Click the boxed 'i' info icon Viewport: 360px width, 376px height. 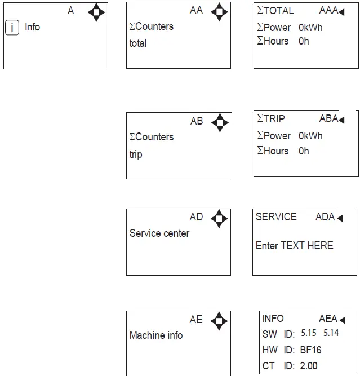click(x=12, y=27)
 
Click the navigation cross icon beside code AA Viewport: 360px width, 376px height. click(x=219, y=11)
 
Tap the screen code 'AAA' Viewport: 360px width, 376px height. click(x=328, y=11)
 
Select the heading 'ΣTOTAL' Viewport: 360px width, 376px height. click(x=275, y=11)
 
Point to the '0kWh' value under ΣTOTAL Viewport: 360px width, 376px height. click(x=310, y=27)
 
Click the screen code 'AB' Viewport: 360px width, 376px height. click(x=197, y=121)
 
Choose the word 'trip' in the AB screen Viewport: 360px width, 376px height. click(x=136, y=154)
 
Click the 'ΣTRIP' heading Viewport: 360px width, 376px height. click(x=271, y=119)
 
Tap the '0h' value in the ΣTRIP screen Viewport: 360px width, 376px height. click(x=304, y=151)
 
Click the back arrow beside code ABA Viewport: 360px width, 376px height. click(x=341, y=120)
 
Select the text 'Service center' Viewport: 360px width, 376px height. click(x=159, y=233)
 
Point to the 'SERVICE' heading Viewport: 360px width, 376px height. click(x=276, y=217)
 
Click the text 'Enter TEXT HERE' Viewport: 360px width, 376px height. click(x=295, y=246)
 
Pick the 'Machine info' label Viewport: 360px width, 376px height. click(x=156, y=335)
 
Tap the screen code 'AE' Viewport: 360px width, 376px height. click(x=196, y=320)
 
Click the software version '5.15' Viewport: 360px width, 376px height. click(x=309, y=333)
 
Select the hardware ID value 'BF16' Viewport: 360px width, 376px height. click(x=311, y=350)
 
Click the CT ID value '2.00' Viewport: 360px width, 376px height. click(x=309, y=366)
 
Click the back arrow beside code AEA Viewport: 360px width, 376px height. click(x=341, y=319)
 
